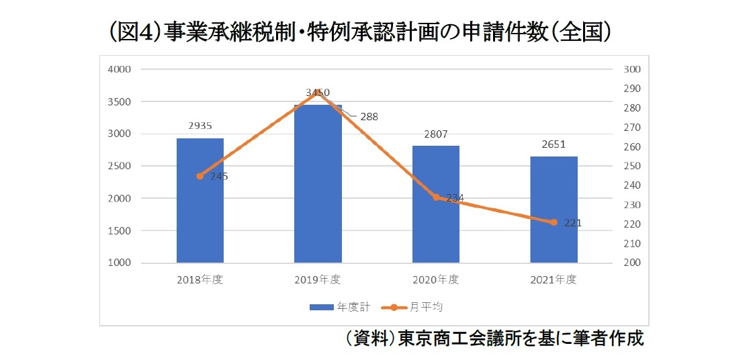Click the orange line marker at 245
(x=200, y=176)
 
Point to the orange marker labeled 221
(x=554, y=222)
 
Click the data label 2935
(x=200, y=125)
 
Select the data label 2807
(x=436, y=134)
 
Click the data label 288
(x=369, y=116)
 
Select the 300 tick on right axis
(x=632, y=69)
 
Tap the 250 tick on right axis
(x=632, y=166)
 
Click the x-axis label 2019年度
(x=318, y=279)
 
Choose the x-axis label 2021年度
(x=554, y=279)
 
